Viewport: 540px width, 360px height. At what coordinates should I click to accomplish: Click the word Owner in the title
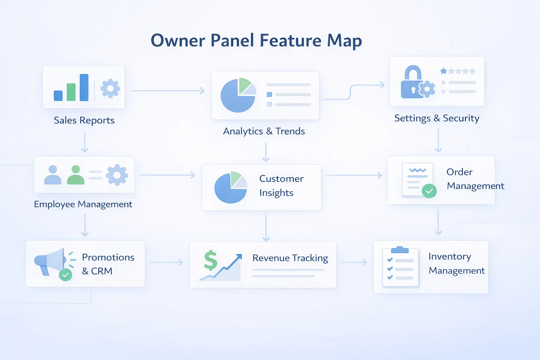tap(178, 40)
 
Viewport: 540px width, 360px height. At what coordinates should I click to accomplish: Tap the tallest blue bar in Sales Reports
tap(84, 88)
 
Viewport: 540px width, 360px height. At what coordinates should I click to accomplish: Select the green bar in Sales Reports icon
tap(71, 92)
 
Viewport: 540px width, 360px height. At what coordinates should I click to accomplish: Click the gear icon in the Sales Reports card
tap(110, 88)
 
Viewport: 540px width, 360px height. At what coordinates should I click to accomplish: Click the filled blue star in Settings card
tap(444, 71)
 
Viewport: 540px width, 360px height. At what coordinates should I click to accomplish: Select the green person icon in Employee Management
tap(76, 175)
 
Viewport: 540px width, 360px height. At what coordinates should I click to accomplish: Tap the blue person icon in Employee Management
tap(53, 175)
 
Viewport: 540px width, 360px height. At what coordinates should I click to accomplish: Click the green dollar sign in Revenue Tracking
tap(211, 261)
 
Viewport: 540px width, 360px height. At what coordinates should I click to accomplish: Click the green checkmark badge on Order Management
tap(429, 191)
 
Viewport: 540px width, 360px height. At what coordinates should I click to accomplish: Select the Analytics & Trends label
tap(264, 131)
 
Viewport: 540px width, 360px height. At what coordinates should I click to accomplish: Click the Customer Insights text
tap(281, 186)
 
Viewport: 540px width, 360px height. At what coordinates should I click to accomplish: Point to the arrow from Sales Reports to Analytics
tap(167, 91)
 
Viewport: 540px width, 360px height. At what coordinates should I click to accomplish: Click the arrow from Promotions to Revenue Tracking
tap(166, 262)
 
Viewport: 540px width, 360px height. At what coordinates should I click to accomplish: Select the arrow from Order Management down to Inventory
tap(438, 223)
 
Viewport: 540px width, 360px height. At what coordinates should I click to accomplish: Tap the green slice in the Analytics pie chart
tap(244, 85)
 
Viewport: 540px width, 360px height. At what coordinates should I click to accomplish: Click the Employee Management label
tap(83, 204)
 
